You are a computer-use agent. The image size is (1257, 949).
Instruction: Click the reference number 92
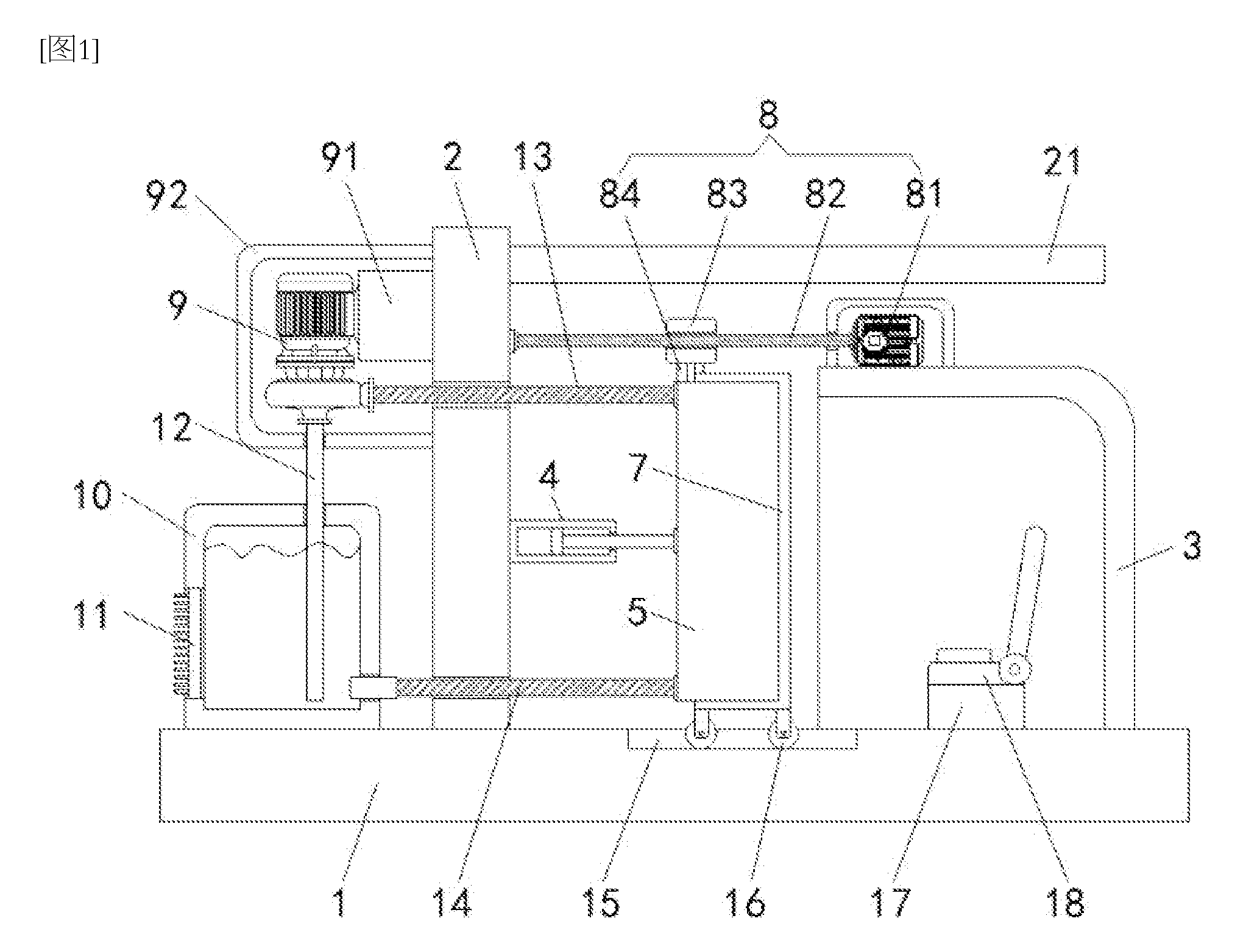tap(166, 196)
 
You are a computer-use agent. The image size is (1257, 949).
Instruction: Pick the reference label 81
tap(923, 194)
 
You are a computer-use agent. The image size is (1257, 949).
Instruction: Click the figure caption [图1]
tap(69, 52)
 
